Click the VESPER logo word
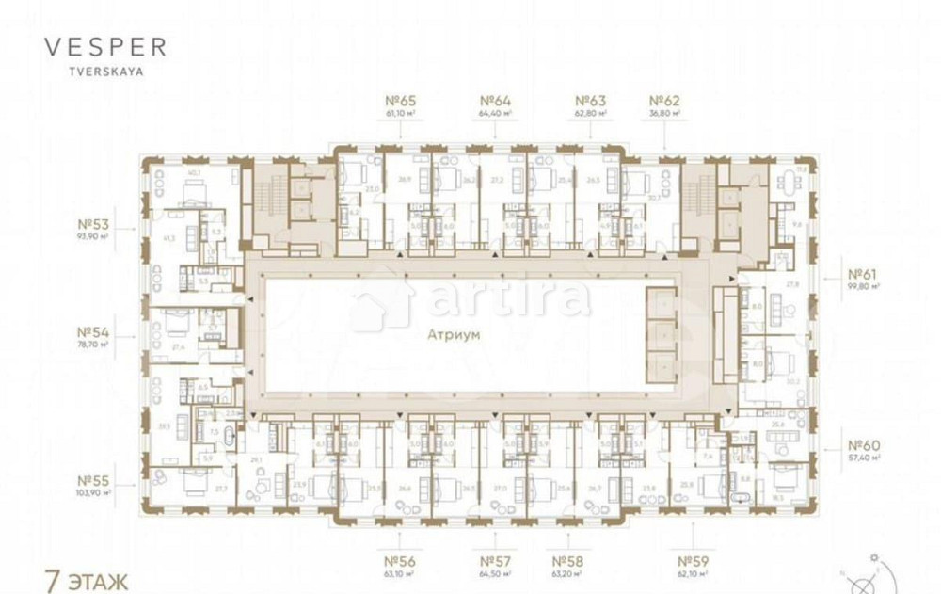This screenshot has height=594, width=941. point(105,47)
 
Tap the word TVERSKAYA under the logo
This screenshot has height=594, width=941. point(104,70)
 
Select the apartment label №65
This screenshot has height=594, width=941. point(401,101)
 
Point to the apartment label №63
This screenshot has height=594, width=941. point(591,101)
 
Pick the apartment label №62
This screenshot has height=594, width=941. point(664,101)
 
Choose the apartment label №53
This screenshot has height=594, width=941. point(95,225)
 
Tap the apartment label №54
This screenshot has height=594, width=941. point(95,332)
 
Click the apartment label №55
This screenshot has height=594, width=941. point(95,479)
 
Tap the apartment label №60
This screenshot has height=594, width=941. point(863,445)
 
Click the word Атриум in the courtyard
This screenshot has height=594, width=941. point(454,334)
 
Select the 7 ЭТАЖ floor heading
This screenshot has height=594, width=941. point(87,579)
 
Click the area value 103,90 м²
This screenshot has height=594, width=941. point(95,492)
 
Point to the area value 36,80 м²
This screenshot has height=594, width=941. point(664,113)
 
